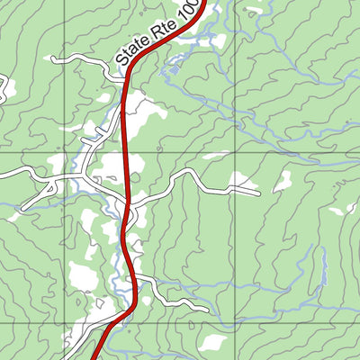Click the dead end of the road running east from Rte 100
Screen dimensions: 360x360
[258, 192]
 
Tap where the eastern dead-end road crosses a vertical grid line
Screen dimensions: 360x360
[234, 187]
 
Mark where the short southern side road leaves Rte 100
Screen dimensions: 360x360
[138, 278]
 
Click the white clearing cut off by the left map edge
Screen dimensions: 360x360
[4, 88]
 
